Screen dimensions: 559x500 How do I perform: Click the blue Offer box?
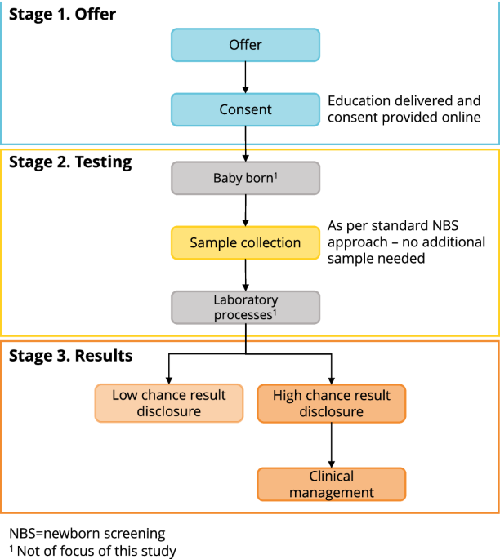pyautogui.click(x=245, y=45)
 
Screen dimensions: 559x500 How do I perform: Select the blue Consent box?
pyautogui.click(x=245, y=109)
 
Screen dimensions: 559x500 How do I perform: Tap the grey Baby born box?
pyautogui.click(x=245, y=178)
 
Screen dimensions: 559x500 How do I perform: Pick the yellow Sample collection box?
pyautogui.click(x=245, y=242)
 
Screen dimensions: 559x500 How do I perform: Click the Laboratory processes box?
pyautogui.click(x=245, y=307)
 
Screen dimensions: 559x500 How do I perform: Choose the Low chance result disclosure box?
pyautogui.click(x=168, y=403)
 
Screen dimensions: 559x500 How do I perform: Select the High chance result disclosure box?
pyautogui.click(x=331, y=403)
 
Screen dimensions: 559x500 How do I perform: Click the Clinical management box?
pyautogui.click(x=331, y=484)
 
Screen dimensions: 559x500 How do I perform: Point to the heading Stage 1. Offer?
pyautogui.click(x=62, y=15)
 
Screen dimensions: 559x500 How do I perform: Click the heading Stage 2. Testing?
pyautogui.click(x=70, y=162)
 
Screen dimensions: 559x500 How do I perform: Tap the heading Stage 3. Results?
pyautogui.click(x=70, y=356)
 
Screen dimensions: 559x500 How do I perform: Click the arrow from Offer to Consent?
pyautogui.click(x=245, y=78)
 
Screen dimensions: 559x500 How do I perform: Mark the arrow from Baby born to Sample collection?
pyautogui.click(x=245, y=210)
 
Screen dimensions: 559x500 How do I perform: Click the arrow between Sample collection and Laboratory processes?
pyautogui.click(x=245, y=274)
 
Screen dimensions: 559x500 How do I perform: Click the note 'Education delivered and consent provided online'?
pyautogui.click(x=404, y=109)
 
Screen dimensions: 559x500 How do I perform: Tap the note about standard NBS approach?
pyautogui.click(x=406, y=242)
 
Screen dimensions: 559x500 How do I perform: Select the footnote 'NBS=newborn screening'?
pyautogui.click(x=87, y=534)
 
